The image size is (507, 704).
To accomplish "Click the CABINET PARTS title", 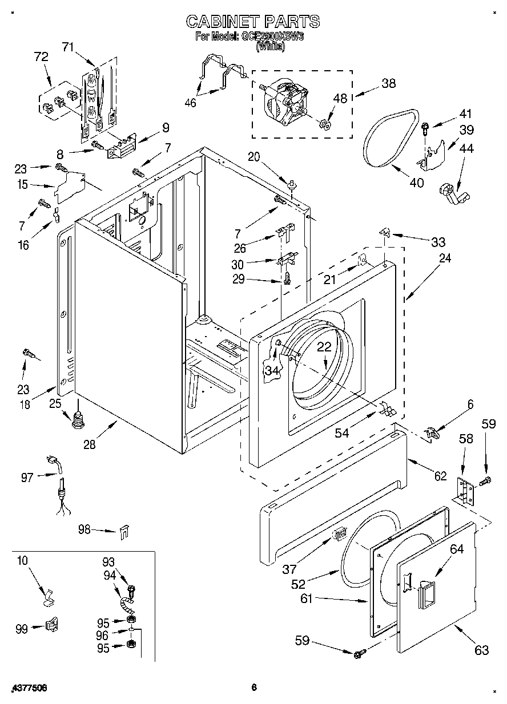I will tap(253, 22).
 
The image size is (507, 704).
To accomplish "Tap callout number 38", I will tap(388, 83).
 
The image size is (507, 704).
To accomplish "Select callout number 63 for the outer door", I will tap(481, 650).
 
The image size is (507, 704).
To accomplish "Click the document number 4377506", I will tap(29, 689).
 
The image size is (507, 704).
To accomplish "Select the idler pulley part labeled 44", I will tap(453, 192).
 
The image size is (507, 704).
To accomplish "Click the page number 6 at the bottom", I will tap(253, 688).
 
